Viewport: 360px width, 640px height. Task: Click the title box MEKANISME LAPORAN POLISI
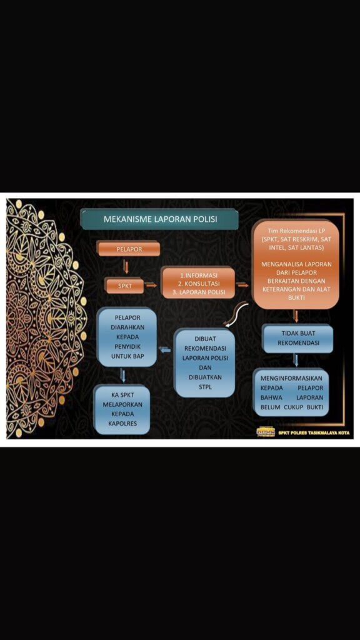pos(159,219)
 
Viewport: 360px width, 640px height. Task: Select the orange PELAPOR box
pos(129,249)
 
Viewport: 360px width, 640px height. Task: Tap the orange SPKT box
pos(124,286)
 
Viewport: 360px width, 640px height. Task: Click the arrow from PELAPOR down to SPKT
pos(126,267)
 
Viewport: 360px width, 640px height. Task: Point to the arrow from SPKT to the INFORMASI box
pos(151,285)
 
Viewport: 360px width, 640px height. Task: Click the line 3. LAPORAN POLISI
pos(199,292)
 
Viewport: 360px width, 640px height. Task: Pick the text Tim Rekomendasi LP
pos(296,230)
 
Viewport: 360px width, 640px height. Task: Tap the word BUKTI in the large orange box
pos(297,298)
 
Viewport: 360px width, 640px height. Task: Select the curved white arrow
pos(235,312)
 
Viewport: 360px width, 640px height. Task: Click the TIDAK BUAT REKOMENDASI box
pos(298,338)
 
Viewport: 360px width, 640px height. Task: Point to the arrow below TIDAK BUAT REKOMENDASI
pos(296,360)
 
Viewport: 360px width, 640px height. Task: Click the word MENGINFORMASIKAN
pos(291,378)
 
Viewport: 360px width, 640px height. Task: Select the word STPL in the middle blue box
pos(205,387)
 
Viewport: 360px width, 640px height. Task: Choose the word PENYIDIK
pos(127,346)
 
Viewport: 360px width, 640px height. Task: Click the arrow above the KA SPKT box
pos(123,376)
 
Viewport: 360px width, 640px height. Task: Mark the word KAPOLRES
pos(122,423)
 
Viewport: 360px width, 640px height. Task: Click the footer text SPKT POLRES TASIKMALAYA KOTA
pos(314,432)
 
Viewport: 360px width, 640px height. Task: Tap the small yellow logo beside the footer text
pos(266,432)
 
